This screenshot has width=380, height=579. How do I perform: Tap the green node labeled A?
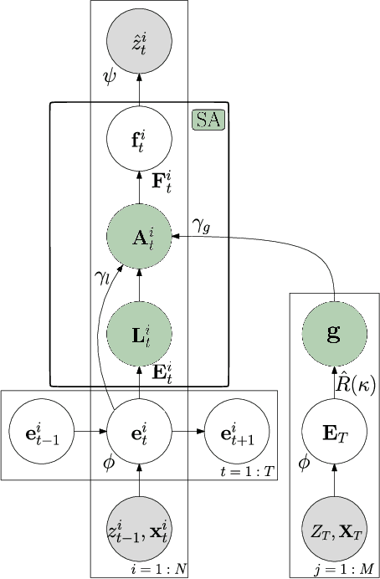tap(140, 237)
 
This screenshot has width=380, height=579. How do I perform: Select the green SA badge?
tap(209, 120)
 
